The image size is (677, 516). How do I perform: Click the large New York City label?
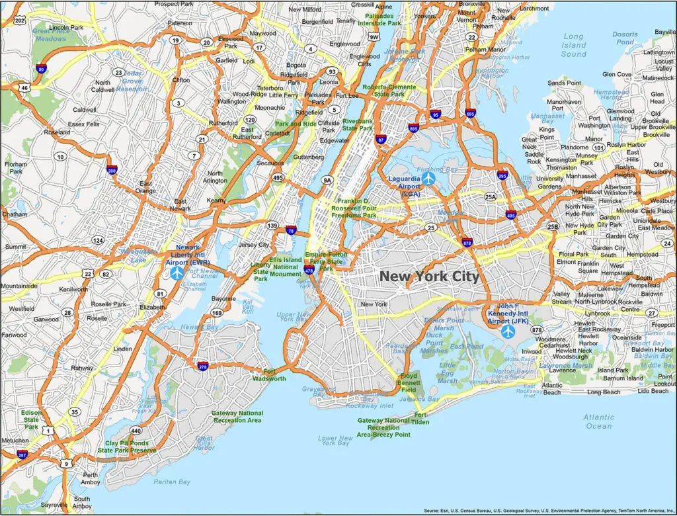click(429, 277)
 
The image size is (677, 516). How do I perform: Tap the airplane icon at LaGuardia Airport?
click(429, 178)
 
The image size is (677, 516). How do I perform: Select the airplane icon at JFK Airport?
click(507, 331)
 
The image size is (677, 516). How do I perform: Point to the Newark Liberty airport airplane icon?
click(177, 273)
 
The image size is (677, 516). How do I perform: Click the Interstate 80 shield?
click(41, 69)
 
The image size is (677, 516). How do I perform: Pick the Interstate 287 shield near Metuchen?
click(23, 454)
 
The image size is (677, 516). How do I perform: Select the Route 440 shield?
click(136, 430)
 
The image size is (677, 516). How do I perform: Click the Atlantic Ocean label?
click(598, 421)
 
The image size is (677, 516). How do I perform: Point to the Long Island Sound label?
click(573, 45)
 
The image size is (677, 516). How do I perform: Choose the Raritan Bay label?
click(172, 482)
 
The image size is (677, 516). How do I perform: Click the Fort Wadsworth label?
click(269, 374)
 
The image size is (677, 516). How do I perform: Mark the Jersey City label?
click(255, 245)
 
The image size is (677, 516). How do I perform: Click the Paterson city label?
click(180, 23)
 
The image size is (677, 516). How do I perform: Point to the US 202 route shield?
click(20, 21)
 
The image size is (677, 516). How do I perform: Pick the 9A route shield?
click(327, 179)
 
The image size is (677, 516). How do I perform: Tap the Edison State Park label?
click(31, 419)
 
